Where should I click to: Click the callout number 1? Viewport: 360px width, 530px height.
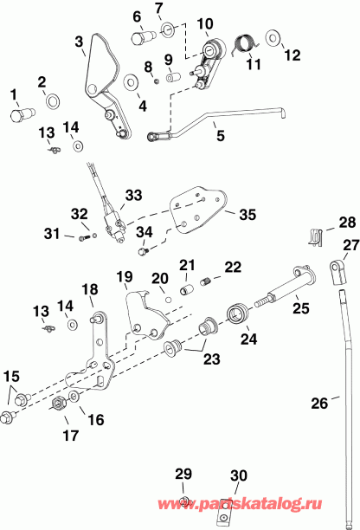(13, 94)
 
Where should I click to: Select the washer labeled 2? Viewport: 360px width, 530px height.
(51, 100)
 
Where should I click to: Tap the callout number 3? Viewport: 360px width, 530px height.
(79, 41)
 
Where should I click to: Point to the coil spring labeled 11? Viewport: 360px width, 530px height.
(247, 41)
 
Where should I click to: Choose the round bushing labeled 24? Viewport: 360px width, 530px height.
(235, 313)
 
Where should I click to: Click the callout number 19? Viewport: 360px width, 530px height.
(124, 277)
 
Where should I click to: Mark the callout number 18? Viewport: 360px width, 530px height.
(88, 288)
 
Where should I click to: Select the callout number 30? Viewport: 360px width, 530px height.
(239, 475)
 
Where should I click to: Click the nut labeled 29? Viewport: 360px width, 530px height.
(185, 501)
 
